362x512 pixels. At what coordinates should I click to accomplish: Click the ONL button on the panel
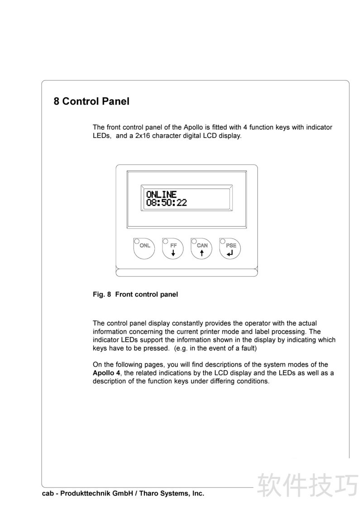(144, 248)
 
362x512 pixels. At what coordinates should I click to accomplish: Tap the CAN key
(202, 248)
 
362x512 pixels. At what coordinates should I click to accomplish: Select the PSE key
(231, 248)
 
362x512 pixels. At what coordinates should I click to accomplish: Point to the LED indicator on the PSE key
(223, 240)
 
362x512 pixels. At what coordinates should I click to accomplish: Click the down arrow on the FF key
(173, 254)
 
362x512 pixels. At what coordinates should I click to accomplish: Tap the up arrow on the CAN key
(202, 254)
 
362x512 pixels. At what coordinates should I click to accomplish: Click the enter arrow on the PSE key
(231, 254)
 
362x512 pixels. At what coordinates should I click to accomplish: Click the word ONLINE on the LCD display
(161, 195)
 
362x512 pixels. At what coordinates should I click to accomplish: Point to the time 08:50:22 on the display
(166, 202)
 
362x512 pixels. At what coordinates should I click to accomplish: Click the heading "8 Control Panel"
(91, 101)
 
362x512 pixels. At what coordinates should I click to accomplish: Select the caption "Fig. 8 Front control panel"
(135, 295)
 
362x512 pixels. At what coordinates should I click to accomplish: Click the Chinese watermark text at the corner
(307, 485)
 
